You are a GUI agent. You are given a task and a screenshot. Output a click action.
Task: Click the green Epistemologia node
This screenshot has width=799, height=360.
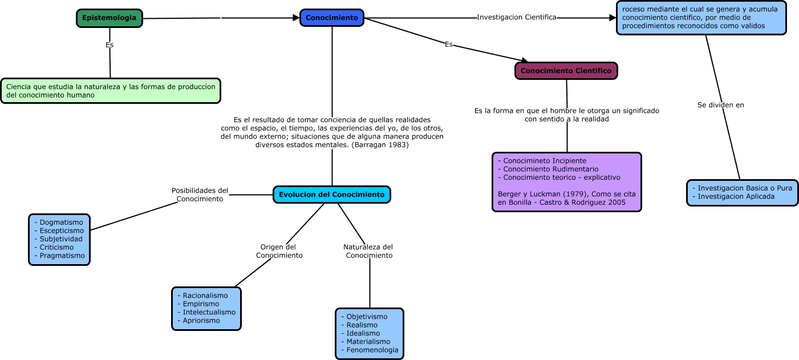tap(109, 18)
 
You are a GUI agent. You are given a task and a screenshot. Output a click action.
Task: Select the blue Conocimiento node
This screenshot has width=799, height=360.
tap(332, 18)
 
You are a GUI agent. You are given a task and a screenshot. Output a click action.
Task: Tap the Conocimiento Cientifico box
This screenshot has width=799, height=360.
tap(566, 71)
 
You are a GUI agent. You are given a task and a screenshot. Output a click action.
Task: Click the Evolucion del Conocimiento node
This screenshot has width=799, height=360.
tap(332, 195)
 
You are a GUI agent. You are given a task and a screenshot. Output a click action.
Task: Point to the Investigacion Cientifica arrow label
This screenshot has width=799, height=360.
tap(516, 17)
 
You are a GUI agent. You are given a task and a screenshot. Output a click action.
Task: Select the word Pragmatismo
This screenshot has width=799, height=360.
tap(62, 256)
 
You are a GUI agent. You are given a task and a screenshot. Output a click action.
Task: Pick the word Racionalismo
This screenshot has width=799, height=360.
tap(205, 296)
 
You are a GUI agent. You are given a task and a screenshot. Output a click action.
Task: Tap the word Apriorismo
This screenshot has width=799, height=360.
tap(201, 321)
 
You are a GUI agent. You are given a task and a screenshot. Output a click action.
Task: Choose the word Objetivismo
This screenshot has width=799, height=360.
tap(367, 317)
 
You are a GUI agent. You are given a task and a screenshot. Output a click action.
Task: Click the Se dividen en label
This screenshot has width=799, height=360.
tap(720, 105)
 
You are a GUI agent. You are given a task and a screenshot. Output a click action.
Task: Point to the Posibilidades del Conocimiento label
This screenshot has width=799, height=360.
tap(200, 195)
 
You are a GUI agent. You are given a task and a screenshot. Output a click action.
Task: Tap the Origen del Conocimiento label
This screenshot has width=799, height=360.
tap(279, 251)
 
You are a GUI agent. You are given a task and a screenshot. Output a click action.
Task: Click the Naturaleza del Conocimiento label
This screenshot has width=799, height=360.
tap(368, 251)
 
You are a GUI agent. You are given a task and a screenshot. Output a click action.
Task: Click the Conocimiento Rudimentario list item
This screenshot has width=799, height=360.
tap(551, 169)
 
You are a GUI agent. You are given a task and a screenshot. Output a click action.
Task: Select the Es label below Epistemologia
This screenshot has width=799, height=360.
tap(109, 45)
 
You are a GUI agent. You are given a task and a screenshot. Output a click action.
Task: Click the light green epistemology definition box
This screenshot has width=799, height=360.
tap(111, 91)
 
